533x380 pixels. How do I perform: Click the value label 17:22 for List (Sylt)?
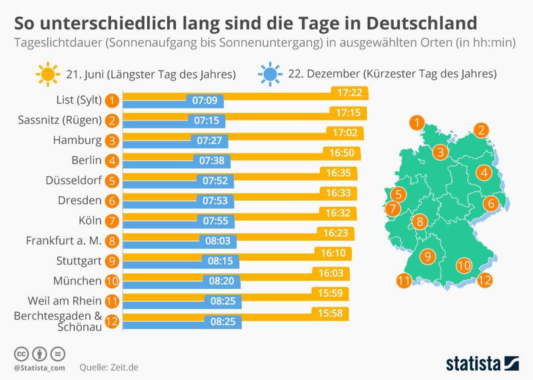[x=350, y=93]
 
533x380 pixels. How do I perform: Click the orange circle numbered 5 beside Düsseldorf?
[x=113, y=181]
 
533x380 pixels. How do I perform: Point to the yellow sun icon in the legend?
[x=48, y=73]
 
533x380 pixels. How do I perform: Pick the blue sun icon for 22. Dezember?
[x=269, y=73]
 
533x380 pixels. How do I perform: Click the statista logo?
[x=482, y=363]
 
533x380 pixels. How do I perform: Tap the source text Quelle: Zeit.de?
[x=109, y=367]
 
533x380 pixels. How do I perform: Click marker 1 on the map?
[x=418, y=122]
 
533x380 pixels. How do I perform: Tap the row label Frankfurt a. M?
[x=63, y=241]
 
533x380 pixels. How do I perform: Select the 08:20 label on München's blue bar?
[x=221, y=281]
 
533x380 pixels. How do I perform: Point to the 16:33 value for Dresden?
[x=338, y=193]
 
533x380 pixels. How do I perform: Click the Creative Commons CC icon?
[x=21, y=353]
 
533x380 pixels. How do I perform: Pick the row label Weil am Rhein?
[x=65, y=301]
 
